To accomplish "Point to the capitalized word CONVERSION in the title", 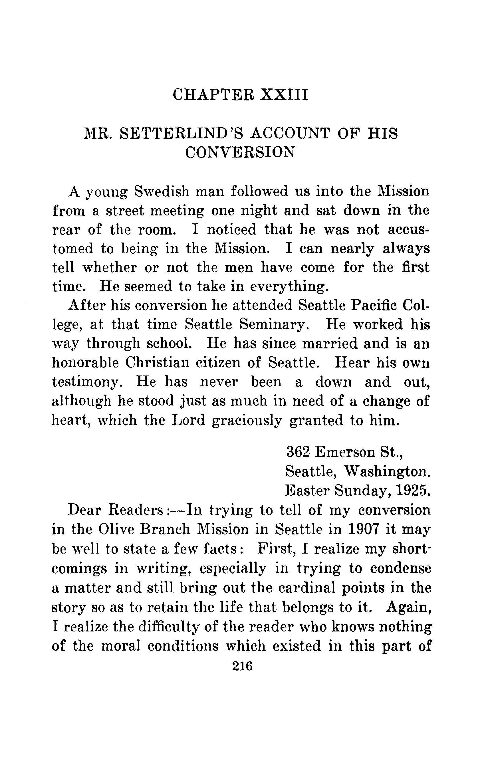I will click(240, 153).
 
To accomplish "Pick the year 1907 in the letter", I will click(363, 529).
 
